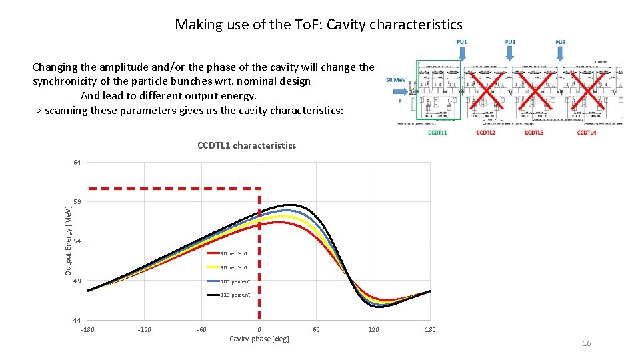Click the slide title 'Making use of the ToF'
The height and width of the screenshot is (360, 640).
tap(318, 25)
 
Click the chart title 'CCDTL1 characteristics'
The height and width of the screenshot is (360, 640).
tap(247, 145)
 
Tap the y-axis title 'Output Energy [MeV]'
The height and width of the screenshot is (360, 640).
tap(68, 241)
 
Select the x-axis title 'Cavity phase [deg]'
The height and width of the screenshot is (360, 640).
tap(259, 339)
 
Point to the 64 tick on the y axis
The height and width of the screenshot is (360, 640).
tap(77, 163)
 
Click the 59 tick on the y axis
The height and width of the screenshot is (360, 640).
tap(77, 202)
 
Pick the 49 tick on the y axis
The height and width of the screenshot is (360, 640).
tap(77, 281)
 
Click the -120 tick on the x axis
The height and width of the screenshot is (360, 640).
tap(144, 330)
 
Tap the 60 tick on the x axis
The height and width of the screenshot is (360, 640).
tap(316, 330)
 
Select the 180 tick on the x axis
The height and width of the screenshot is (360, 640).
tap(431, 330)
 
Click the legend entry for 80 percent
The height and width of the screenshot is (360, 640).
tap(233, 253)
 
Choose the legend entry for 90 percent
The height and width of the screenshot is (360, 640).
tap(233, 267)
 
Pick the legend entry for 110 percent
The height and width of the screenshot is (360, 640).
tap(235, 295)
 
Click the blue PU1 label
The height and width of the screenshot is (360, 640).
tap(461, 42)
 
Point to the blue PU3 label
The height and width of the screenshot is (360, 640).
tap(560, 42)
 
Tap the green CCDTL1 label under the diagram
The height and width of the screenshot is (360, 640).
tap(437, 133)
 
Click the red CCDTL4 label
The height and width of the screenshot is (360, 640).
tap(587, 133)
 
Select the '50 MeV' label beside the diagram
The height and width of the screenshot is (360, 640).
tap(396, 80)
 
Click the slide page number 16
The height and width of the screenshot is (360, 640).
tap(587, 343)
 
